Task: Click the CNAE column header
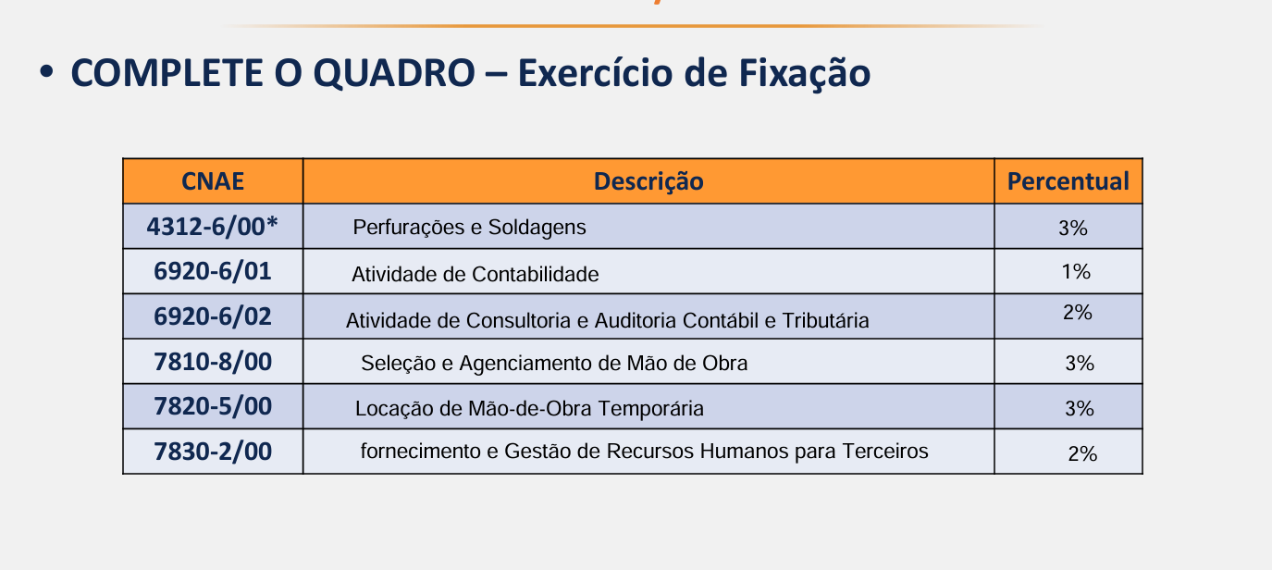click(x=213, y=181)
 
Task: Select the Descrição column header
click(x=648, y=182)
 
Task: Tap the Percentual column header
click(x=1068, y=181)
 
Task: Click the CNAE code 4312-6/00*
click(x=212, y=227)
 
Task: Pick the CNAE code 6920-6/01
click(x=213, y=271)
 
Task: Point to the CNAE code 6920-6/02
click(x=213, y=316)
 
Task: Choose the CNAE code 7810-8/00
click(x=213, y=362)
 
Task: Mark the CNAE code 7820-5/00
click(x=213, y=406)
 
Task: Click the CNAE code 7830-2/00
click(x=213, y=452)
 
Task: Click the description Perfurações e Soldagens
click(x=469, y=228)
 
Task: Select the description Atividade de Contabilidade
click(x=475, y=274)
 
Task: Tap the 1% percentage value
click(x=1076, y=272)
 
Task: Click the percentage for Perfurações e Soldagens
click(x=1073, y=229)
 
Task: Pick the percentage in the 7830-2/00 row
click(x=1082, y=454)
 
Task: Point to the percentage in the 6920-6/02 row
click(x=1077, y=312)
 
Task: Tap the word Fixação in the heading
click(x=804, y=74)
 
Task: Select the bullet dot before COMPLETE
click(x=46, y=73)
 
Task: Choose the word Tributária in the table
click(x=825, y=321)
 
